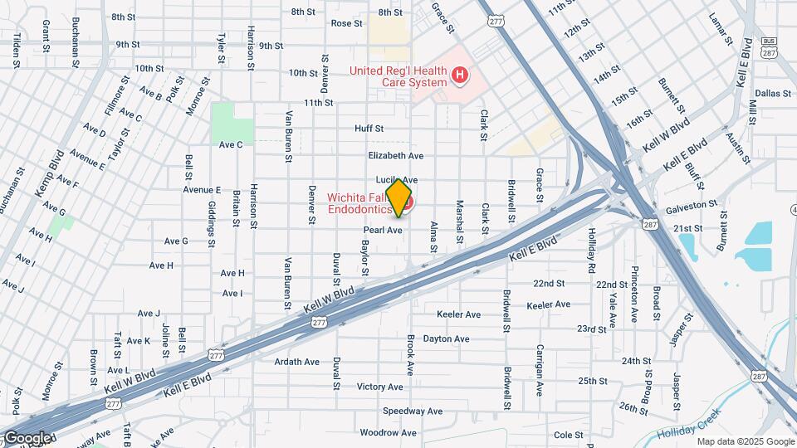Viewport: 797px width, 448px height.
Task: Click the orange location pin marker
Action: coord(399,198)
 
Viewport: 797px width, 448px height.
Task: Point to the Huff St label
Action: coord(369,129)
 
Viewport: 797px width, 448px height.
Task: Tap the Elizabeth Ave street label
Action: coord(396,155)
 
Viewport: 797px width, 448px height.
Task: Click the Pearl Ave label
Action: coord(383,231)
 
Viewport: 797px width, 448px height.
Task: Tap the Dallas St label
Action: coord(773,94)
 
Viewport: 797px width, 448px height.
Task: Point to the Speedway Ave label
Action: coord(413,411)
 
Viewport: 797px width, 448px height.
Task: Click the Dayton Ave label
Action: coord(446,338)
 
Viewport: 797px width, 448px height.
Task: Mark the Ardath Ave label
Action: coord(297,362)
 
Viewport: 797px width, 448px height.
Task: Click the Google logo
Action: coord(27,438)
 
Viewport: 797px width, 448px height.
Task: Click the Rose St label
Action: coord(347,23)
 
